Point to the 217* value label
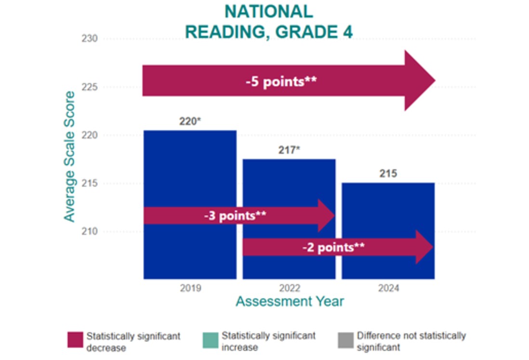(289, 150)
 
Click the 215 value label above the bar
(388, 173)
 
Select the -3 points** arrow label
(235, 215)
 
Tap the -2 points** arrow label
(333, 247)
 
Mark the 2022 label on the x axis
(289, 289)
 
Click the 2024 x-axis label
(388, 289)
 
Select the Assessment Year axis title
(290, 302)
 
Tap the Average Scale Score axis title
(70, 157)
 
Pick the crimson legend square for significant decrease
(75, 339)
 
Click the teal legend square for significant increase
(210, 339)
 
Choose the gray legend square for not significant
(345, 339)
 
